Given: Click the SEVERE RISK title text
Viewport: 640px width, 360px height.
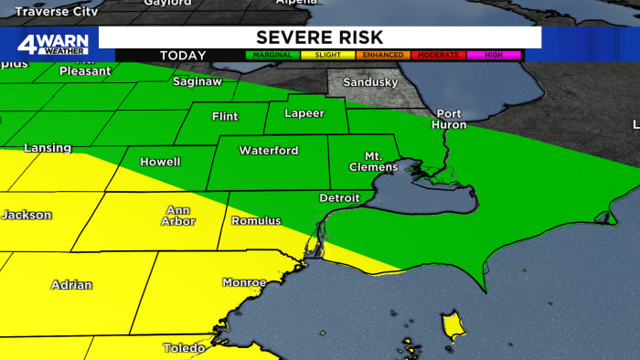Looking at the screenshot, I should click(319, 37).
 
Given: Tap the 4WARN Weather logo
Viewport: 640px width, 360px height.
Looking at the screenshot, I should click(52, 44).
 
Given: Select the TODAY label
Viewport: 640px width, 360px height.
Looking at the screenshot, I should click(183, 56).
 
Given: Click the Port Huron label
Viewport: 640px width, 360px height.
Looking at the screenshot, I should click(448, 120).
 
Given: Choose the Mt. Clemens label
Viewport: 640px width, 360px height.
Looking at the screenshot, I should click(374, 161).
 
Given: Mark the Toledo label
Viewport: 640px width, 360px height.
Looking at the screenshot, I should click(184, 348).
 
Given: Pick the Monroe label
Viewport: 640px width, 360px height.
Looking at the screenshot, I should click(244, 282).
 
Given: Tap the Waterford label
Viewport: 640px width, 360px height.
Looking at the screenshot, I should click(269, 151).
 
